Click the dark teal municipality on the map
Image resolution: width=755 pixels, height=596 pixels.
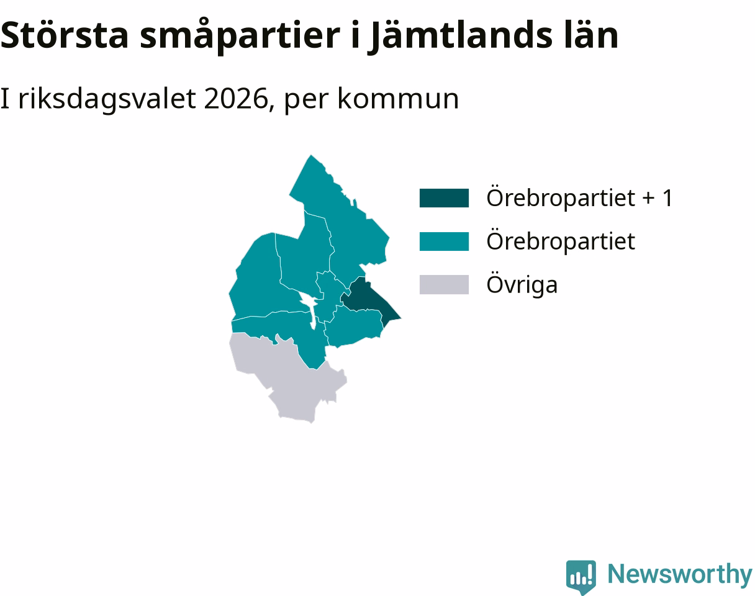point(368,300)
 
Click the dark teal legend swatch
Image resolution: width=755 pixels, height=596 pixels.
point(444,198)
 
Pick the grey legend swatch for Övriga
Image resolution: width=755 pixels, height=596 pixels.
point(444,284)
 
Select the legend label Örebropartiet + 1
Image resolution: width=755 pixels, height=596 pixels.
point(579,197)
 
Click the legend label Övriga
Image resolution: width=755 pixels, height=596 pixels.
point(522,284)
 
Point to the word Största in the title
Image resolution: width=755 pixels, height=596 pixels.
point(65,35)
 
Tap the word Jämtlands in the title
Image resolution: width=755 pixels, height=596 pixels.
point(460,36)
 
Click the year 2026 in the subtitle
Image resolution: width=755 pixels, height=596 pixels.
point(236,99)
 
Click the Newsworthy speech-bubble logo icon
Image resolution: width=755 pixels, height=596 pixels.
point(581,576)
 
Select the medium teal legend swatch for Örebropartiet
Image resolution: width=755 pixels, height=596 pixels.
point(444,242)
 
